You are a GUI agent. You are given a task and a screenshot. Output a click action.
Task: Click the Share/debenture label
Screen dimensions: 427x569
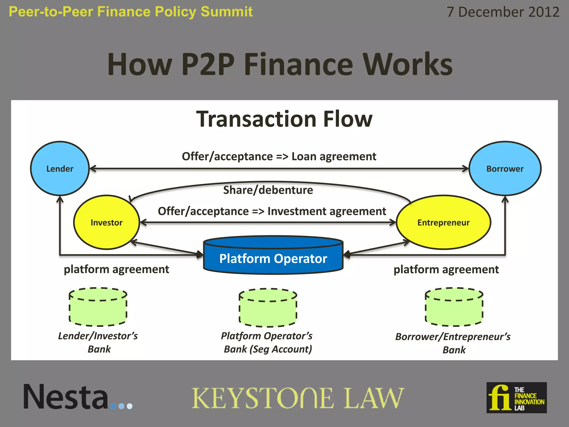coord(268,190)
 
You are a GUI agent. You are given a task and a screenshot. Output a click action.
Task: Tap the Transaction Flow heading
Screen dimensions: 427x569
coord(284,119)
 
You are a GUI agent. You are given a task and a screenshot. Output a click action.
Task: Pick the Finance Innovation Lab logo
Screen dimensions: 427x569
coord(516,398)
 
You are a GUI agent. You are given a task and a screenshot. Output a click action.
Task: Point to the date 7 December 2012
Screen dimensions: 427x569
coord(503,12)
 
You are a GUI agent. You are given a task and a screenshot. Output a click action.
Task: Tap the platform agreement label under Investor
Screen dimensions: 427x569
coord(116,269)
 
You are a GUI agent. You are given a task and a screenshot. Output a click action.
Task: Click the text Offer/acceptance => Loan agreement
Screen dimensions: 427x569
coord(279,157)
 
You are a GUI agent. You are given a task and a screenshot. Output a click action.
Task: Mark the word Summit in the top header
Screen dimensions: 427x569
coord(226,12)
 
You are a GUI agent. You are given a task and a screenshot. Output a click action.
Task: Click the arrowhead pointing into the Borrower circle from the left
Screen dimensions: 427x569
coord(465,168)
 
